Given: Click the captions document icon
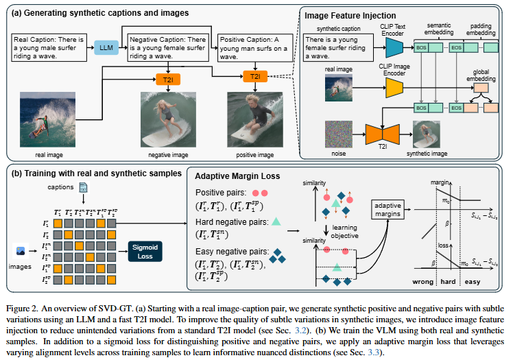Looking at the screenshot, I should point(84,188).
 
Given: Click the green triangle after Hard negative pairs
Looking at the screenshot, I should point(276,221).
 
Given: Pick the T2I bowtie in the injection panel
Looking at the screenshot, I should point(377,132).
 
